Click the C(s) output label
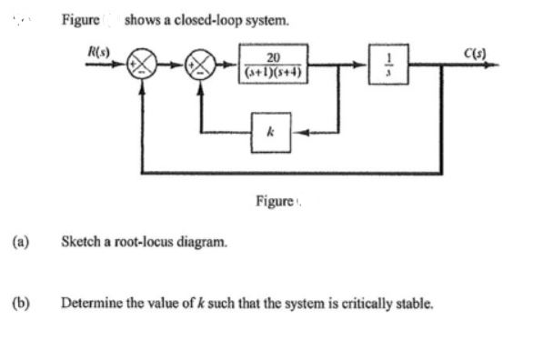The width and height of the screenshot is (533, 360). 474,45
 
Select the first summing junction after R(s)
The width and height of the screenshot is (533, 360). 143,66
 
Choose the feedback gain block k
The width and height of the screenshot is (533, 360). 272,132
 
